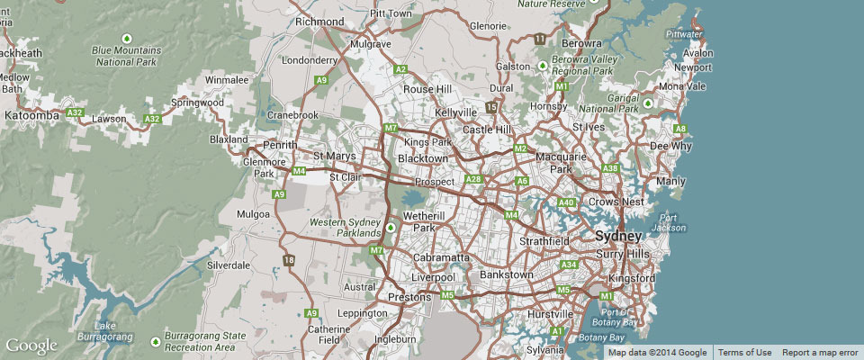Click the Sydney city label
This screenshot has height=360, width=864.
pyautogui.click(x=618, y=237)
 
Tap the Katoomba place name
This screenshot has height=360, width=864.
pyautogui.click(x=31, y=116)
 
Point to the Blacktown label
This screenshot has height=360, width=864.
pyautogui.click(x=422, y=158)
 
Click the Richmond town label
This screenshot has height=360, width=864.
pyautogui.click(x=319, y=21)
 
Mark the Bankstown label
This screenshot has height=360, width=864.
pyautogui.click(x=508, y=273)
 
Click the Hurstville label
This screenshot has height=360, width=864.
pyautogui.click(x=547, y=314)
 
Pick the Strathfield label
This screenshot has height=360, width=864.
pyautogui.click(x=545, y=241)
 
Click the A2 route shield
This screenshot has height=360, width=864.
pyautogui.click(x=401, y=69)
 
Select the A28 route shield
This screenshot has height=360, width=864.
pyautogui.click(x=473, y=180)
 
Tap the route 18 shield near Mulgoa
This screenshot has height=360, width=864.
pyautogui.click(x=288, y=260)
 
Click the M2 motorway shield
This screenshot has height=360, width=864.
pyautogui.click(x=520, y=148)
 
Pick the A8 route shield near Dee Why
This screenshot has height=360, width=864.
pyautogui.click(x=680, y=130)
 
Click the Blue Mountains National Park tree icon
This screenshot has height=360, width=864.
pyautogui.click(x=127, y=38)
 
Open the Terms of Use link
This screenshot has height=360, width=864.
pyautogui.click(x=744, y=352)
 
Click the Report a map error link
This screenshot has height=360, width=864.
pyautogui.click(x=820, y=352)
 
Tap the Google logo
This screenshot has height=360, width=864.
pyautogui.click(x=31, y=346)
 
